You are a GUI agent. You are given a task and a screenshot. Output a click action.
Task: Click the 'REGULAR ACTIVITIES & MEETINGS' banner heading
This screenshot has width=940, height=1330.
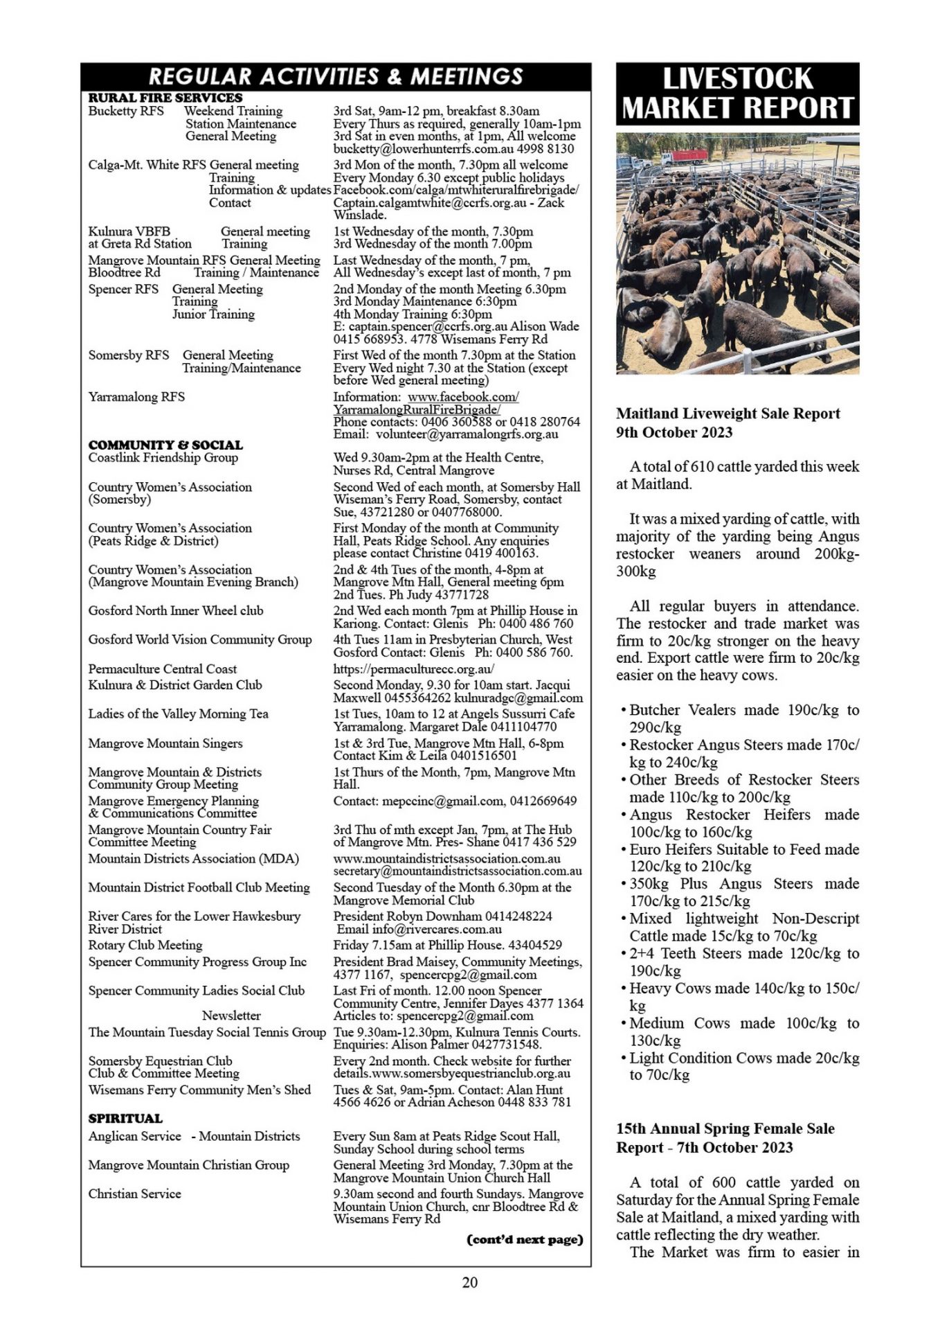(336, 76)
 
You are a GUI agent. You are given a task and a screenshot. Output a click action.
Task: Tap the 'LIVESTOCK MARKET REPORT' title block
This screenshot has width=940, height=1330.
(737, 94)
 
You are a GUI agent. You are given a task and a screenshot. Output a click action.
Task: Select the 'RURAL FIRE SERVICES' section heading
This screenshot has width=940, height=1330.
(165, 98)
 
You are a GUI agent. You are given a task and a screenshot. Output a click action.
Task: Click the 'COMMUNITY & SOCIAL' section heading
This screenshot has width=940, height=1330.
(165, 445)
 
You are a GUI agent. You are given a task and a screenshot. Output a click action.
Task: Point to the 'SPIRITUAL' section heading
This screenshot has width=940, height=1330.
(125, 1118)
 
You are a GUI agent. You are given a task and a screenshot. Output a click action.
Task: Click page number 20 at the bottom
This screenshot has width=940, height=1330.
(469, 1282)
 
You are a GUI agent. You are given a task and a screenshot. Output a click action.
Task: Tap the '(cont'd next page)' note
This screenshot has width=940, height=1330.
(525, 1239)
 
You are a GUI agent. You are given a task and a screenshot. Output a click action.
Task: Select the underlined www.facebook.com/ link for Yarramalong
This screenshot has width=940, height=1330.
(463, 397)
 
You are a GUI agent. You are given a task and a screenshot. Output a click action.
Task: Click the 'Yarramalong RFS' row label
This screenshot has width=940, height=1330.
(136, 397)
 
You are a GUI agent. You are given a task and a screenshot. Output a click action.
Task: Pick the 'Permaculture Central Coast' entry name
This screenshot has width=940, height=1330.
(162, 669)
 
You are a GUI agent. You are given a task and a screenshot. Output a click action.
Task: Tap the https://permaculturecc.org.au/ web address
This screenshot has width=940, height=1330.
(413, 669)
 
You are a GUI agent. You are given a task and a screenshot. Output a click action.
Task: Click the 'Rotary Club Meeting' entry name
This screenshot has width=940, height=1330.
(145, 945)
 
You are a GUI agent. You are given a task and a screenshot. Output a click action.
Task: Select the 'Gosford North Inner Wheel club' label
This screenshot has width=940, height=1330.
(176, 611)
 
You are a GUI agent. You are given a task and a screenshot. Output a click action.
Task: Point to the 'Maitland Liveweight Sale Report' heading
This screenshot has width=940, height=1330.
(728, 414)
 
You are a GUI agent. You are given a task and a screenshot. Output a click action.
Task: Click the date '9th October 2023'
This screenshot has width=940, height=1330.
(674, 432)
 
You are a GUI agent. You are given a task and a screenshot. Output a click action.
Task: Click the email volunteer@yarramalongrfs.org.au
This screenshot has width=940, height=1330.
(467, 434)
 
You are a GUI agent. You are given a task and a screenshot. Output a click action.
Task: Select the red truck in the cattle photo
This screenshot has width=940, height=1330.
(685, 155)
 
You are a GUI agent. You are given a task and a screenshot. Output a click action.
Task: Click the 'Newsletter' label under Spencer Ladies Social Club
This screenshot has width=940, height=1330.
(231, 1016)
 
